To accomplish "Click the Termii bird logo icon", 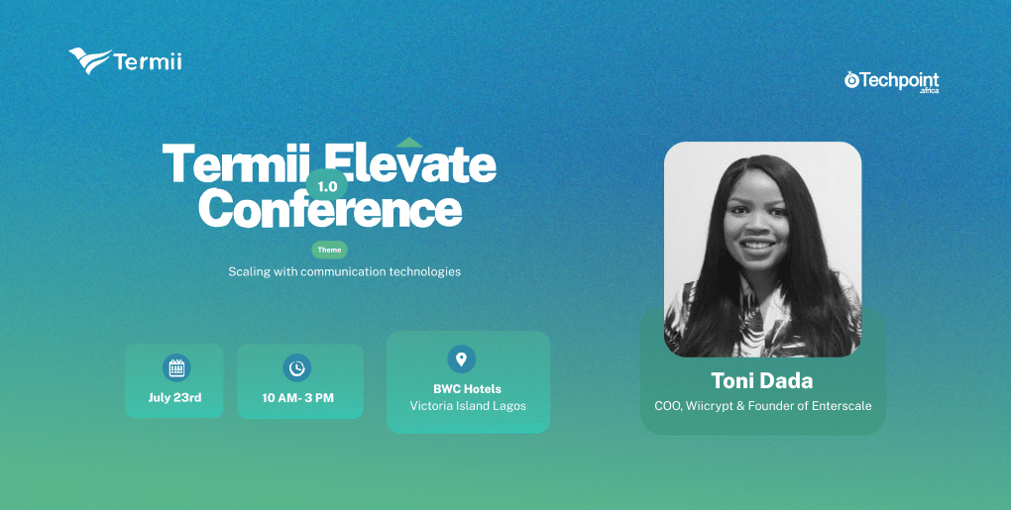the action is (89, 60).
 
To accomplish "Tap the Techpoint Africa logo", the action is (892, 82).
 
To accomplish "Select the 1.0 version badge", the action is (327, 187).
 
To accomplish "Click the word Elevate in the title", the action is (409, 163).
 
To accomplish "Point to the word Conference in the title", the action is (330, 207).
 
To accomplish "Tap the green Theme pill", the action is (329, 250).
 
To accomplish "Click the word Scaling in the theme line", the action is (250, 271).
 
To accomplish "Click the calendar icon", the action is (176, 367).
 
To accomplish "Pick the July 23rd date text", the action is (174, 397).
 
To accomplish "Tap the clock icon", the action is (296, 367).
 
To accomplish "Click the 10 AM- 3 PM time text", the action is (298, 398).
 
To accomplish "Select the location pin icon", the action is (461, 358).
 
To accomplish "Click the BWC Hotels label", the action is (468, 389).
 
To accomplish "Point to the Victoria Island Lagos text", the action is (468, 406).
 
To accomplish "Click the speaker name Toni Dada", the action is (762, 380).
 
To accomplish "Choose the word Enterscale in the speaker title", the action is (842, 406).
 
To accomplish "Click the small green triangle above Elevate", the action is (408, 142).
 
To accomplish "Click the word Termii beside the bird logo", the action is (148, 61).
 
